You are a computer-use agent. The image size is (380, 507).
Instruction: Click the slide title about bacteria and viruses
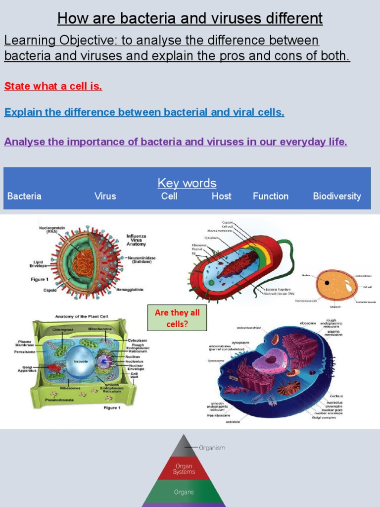(190, 18)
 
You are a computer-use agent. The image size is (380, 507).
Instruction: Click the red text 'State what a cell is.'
(53, 86)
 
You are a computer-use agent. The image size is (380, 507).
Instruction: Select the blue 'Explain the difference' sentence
(144, 112)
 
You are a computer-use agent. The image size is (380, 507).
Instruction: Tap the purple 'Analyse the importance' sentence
(176, 142)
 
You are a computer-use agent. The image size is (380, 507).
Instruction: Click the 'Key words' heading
(187, 183)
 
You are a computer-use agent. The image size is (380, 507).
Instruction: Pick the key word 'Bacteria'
(24, 196)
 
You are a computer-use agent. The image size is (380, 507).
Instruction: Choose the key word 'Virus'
(105, 196)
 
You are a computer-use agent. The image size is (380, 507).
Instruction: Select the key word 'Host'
(221, 196)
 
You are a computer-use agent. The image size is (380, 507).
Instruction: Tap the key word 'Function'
(270, 196)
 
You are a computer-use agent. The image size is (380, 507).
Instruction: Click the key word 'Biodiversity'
(337, 196)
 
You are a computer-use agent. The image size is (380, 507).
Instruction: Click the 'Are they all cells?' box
(177, 318)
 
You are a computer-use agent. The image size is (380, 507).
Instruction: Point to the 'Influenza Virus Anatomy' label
(137, 240)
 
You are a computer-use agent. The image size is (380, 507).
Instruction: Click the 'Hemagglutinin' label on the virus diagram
(130, 289)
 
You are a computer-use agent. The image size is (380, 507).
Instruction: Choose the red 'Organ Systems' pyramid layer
(184, 469)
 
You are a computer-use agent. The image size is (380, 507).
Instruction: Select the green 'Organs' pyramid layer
(184, 492)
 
